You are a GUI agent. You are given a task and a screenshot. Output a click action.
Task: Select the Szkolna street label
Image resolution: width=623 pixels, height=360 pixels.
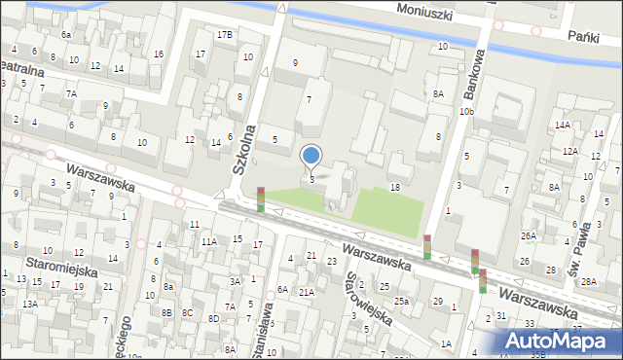coord(242,149)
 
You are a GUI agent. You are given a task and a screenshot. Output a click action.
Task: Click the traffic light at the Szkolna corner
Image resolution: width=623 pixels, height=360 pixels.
coord(260,199)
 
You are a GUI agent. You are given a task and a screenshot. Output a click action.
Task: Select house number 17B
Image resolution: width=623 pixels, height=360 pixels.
coord(225,35)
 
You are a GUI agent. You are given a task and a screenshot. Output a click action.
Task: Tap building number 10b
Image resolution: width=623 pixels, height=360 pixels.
coord(467,112)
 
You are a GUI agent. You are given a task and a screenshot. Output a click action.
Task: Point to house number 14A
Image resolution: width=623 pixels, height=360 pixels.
coord(563,126)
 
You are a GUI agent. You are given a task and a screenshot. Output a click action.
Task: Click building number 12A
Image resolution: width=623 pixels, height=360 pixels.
coord(569,152)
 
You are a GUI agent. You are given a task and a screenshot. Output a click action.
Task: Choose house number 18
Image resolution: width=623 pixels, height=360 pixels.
coord(394,187)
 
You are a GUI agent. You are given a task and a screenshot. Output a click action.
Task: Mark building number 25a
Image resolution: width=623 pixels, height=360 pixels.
coord(401,301)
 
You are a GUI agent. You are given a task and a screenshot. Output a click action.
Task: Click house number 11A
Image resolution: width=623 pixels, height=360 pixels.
coord(208,241)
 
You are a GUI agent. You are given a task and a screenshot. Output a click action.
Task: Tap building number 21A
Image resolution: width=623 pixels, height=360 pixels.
coord(306,292)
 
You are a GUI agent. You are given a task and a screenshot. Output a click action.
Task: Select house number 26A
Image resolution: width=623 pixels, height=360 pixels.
coord(528,236)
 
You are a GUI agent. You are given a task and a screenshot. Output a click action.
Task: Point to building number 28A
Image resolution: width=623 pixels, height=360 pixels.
coord(589,282)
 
